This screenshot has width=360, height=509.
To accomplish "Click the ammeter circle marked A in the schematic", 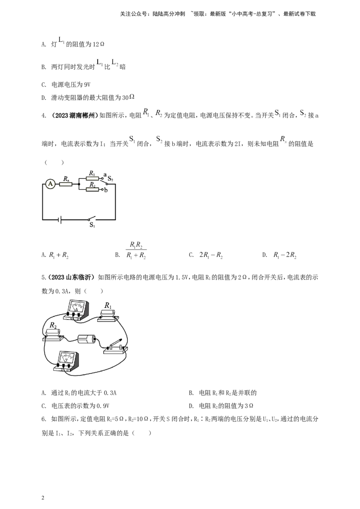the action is coord(50,184).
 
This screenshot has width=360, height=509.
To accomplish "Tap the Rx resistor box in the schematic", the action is coord(66,184).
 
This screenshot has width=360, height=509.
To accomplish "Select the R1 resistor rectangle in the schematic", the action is coord(92,178).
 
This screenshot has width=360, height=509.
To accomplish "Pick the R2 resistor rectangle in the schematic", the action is coord(92,189).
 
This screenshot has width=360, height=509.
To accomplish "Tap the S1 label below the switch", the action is coord(92,225).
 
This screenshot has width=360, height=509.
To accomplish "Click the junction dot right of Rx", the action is coord(79,184).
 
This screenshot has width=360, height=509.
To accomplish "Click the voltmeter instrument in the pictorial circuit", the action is coord(67,362).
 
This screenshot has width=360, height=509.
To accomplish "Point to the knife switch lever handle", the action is coord(115,343).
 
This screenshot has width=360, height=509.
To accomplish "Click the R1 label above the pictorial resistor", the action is coord(108,305).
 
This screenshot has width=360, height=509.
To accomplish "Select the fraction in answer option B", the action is coord(136,250).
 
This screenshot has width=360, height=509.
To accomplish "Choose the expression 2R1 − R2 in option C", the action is coord(211,255).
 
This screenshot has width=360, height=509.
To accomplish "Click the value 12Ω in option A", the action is coord(99,45).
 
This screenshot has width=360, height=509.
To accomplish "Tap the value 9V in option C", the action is coord(87,85).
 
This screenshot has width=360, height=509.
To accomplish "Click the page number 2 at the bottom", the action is coord(43,498).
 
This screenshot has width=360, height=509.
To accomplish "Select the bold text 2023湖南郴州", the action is coord(75,115).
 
